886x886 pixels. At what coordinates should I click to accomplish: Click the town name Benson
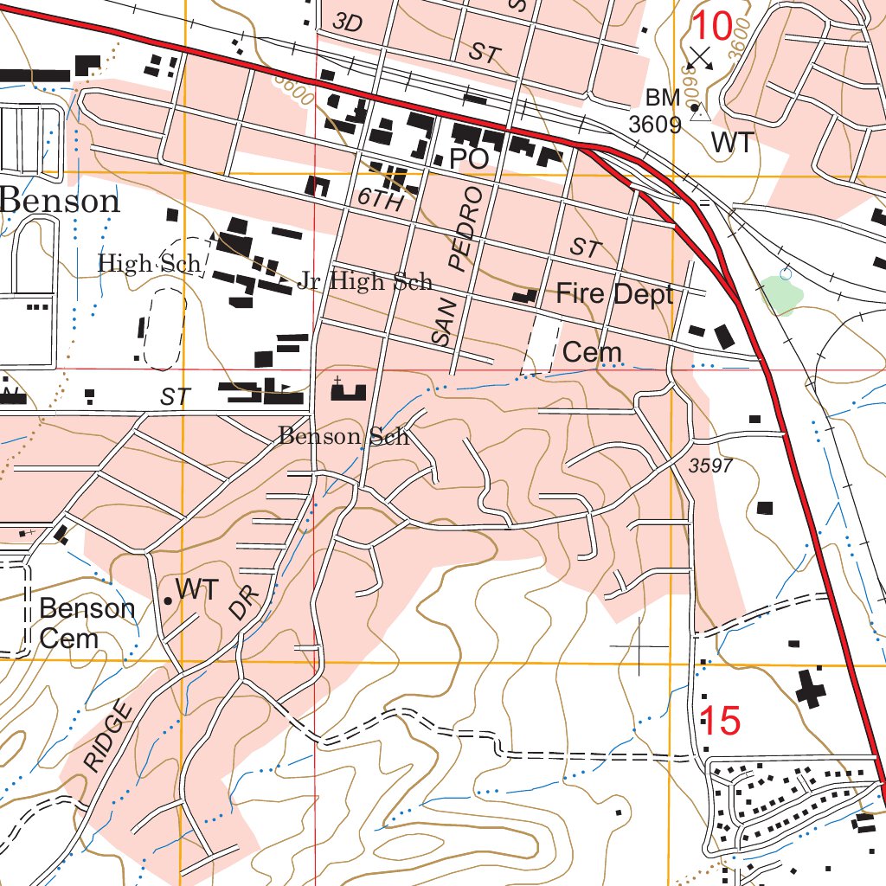61,201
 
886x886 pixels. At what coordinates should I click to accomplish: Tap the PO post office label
469,158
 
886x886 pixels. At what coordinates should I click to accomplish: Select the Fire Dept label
613,294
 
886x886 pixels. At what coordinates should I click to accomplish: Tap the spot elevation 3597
711,466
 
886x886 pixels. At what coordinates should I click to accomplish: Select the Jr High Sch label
364,281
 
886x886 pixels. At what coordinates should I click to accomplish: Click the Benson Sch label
343,436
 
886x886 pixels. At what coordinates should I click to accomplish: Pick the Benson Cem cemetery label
87,623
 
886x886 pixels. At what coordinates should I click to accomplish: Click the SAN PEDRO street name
456,264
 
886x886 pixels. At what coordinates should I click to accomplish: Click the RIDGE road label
111,737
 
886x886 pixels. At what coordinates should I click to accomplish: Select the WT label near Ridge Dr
196,590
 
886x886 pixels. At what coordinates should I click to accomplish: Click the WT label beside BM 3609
733,144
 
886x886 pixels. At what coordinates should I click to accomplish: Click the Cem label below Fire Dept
592,352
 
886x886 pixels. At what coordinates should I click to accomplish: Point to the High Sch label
149,263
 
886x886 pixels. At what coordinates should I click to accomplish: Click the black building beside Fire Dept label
524,297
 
